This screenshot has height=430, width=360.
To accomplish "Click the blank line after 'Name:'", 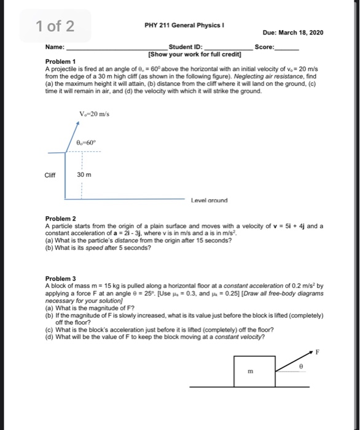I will [x=117, y=48].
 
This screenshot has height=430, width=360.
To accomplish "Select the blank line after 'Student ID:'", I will [x=228, y=48].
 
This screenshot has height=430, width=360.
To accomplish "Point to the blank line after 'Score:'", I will [x=288, y=48].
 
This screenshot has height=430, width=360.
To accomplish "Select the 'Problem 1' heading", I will [x=61, y=62].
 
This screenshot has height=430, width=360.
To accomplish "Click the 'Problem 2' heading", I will [x=61, y=219].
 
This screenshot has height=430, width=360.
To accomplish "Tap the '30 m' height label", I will [x=85, y=174].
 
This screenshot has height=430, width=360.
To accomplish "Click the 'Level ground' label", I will [x=209, y=200].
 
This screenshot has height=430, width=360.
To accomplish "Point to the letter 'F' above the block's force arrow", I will [x=318, y=353].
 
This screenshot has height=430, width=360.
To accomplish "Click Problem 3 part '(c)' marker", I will [x=50, y=329].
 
